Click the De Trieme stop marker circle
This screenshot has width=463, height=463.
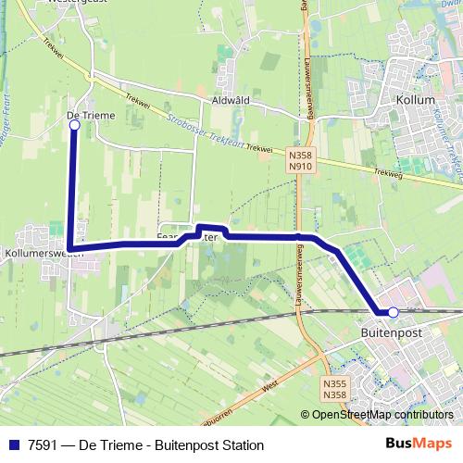[74, 125]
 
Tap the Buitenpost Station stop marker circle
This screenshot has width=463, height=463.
[393, 312]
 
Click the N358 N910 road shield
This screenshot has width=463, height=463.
[299, 161]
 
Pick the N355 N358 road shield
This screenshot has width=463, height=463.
[337, 389]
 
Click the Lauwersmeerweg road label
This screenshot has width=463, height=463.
[306, 65]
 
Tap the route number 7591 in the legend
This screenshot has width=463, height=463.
[39, 444]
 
